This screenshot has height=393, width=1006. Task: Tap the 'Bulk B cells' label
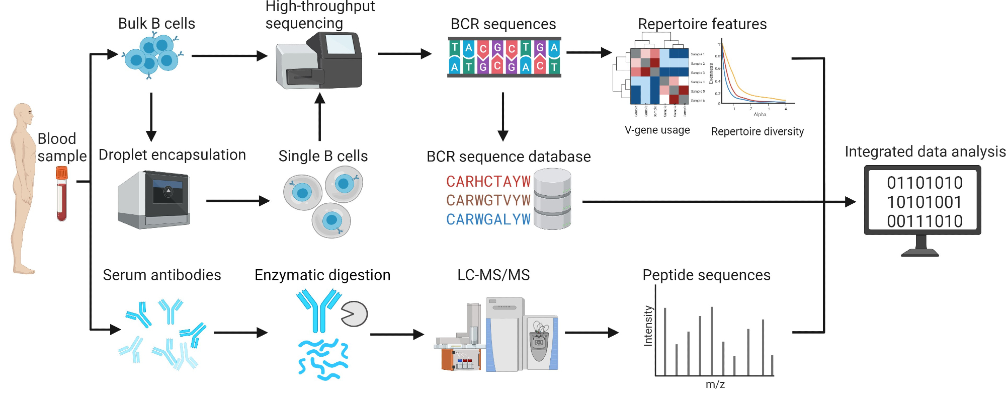[156, 24]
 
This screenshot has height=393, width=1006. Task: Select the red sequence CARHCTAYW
[488, 181]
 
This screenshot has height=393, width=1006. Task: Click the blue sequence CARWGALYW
[488, 219]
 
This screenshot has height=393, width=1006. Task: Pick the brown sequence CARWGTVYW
[488, 200]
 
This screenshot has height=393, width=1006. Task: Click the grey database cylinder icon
[552, 199]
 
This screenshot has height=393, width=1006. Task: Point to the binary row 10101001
[925, 202]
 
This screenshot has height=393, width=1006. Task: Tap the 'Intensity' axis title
[648, 326]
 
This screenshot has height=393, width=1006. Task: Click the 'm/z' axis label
[715, 384]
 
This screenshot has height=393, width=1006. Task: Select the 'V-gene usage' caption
[657, 130]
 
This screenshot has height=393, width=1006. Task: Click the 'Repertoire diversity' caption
[757, 132]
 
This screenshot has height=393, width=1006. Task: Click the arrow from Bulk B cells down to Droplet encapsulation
[151, 117]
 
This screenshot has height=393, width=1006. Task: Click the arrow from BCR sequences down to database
[503, 117]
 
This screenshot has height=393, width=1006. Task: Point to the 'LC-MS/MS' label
[493, 275]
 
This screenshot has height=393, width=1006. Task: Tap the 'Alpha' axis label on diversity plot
[760, 115]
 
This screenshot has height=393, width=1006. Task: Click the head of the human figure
[23, 113]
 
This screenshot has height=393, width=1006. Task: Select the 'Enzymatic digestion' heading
[322, 275]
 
